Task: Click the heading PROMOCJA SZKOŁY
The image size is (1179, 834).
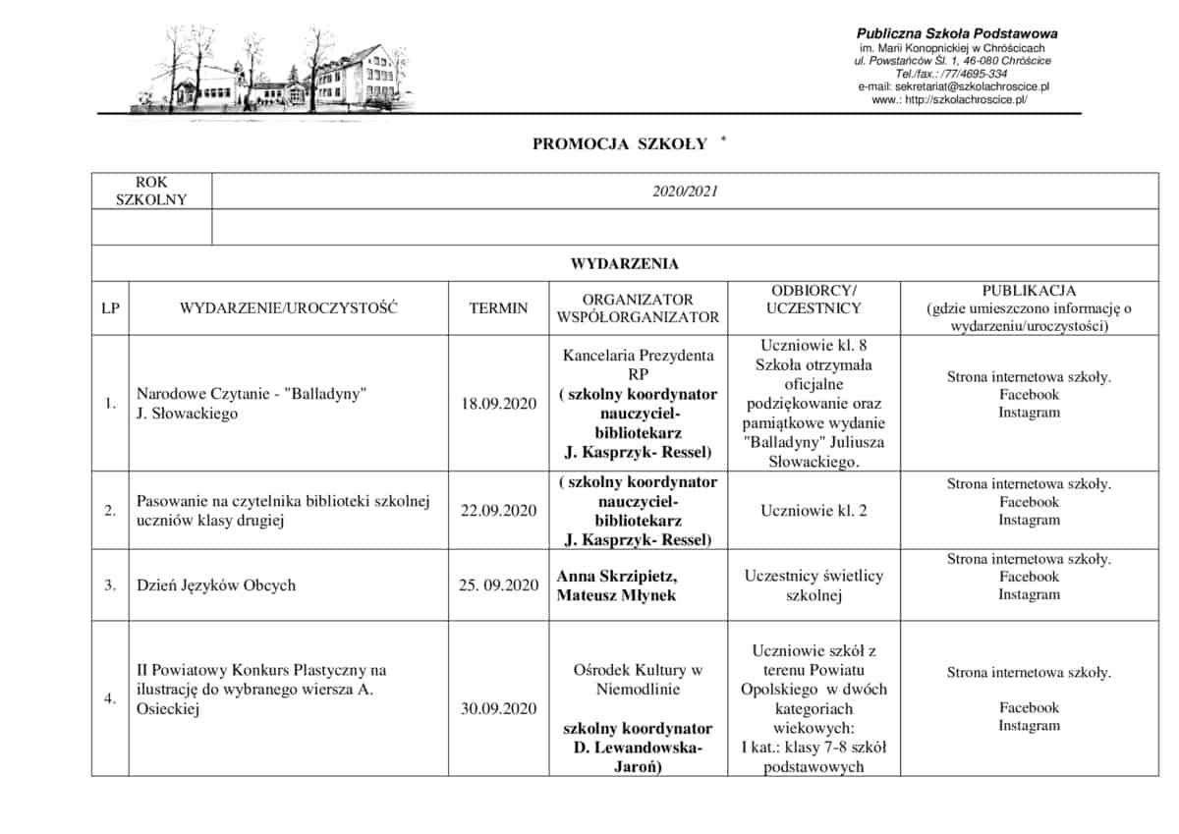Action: [620, 144]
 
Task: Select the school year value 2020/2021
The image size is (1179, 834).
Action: [685, 192]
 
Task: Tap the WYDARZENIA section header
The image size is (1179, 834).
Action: [624, 263]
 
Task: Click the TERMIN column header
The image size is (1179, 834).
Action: [498, 308]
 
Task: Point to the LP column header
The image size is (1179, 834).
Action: [110, 308]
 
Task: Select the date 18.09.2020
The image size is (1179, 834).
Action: [498, 404]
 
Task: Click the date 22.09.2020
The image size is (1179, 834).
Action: [498, 510]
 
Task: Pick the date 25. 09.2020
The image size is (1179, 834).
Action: [498, 585]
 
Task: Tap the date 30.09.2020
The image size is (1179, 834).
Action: [498, 708]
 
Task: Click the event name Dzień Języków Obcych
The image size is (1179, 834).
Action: [216, 585]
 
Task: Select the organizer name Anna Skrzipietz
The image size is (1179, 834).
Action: [617, 576]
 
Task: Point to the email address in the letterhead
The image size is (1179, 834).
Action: [953, 86]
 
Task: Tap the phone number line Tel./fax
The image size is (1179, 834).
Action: [950, 74]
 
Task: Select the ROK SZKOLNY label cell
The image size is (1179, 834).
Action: [151, 192]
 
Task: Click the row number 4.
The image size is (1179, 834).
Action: [110, 698]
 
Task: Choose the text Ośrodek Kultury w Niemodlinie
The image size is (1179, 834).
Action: [638, 680]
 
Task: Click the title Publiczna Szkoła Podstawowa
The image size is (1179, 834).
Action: [957, 33]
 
